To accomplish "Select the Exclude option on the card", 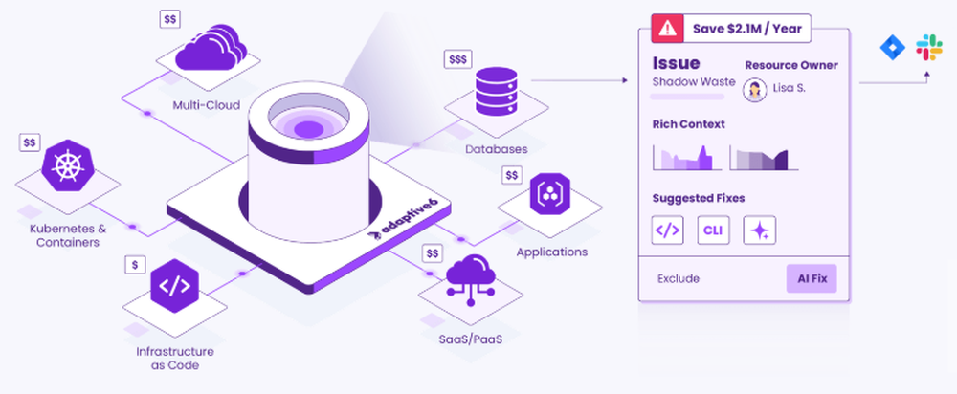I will point(679,279).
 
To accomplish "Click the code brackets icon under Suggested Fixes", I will point(667,230).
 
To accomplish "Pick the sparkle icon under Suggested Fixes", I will point(759,230).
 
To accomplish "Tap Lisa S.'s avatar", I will point(756,89).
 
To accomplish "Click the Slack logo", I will point(928,48).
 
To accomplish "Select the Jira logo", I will point(892,48).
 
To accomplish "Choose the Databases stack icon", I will point(496,95).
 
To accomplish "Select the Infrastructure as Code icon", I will point(174,286).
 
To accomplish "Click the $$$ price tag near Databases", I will point(458,59).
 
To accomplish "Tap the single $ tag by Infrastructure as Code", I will point(138,263).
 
